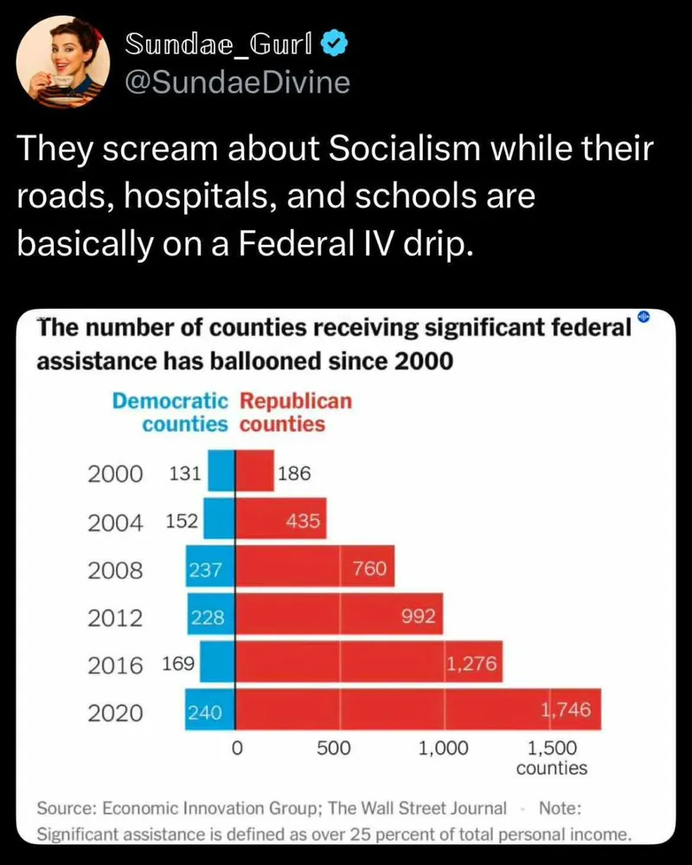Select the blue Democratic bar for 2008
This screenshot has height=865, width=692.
tap(210, 569)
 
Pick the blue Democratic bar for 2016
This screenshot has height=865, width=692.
tap(217, 664)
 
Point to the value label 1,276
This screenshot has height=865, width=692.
tap(472, 664)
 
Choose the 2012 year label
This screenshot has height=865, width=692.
tap(116, 618)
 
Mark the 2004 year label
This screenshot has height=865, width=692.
tap(116, 522)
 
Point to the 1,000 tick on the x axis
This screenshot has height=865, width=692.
tap(443, 749)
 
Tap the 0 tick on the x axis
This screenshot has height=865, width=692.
tap(235, 749)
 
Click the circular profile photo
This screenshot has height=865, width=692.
tap(64, 61)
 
